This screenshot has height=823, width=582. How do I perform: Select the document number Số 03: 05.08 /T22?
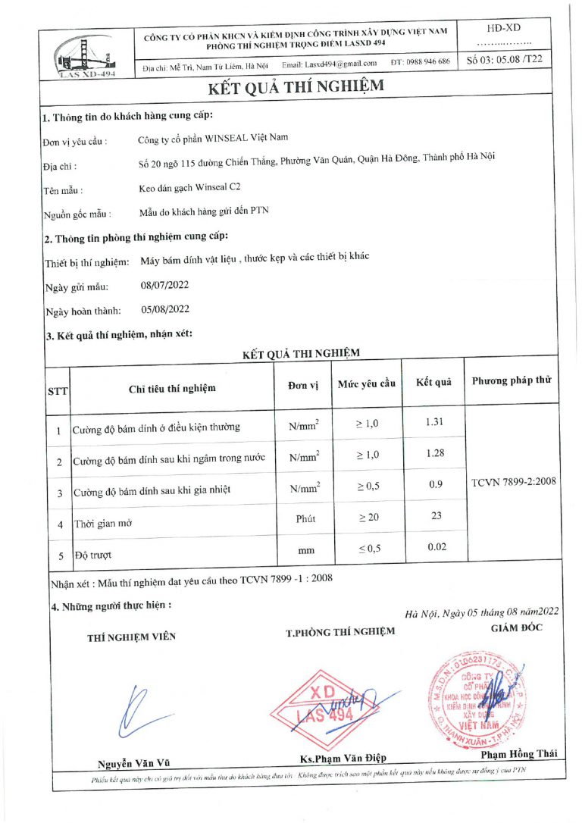[x=505, y=59]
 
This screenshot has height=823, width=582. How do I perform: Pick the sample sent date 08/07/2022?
[x=164, y=286]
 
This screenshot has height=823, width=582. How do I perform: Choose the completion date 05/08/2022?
[x=164, y=309]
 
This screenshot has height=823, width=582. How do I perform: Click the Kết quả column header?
[x=433, y=382]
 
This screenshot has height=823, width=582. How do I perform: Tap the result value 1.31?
[x=434, y=421]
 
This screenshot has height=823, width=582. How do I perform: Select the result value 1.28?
[x=434, y=453]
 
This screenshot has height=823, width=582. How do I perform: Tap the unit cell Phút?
[x=304, y=518]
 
